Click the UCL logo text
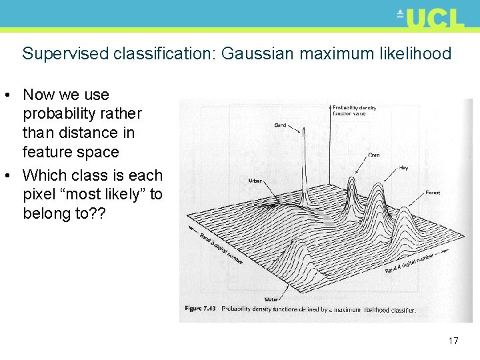click(434, 18)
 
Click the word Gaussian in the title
click(257, 53)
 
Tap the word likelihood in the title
click(411, 53)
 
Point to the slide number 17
click(453, 341)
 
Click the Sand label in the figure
click(281, 125)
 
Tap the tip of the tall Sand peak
click(303, 129)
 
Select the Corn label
click(374, 155)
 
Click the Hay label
click(404, 168)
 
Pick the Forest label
click(433, 193)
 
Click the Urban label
click(255, 181)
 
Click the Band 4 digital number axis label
click(409, 263)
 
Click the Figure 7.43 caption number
click(201, 309)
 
